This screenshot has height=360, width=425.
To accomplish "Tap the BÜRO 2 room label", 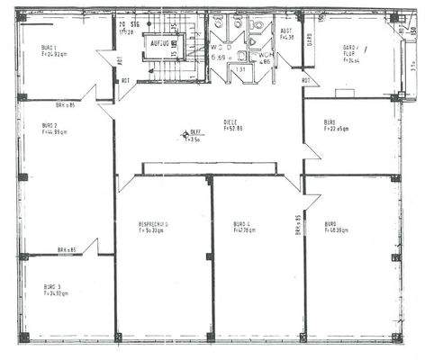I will [50, 126].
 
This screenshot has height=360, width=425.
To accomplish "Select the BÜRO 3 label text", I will [51, 287].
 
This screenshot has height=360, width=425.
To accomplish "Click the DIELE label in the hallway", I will [231, 121].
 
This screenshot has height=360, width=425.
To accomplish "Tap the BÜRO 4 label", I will [242, 224].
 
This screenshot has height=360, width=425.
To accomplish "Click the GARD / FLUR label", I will [351, 47].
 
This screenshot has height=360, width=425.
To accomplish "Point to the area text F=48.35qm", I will [337, 230].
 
